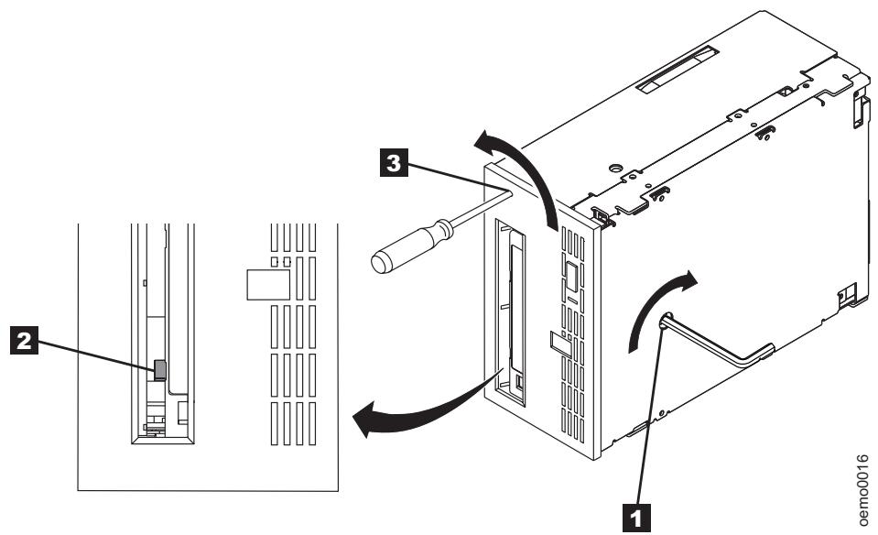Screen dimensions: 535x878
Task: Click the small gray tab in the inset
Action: [x=159, y=368]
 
